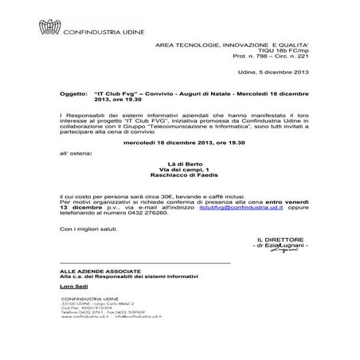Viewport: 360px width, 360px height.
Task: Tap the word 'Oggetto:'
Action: [x=75, y=93]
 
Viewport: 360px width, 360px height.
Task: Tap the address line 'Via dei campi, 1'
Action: [x=179, y=170]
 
